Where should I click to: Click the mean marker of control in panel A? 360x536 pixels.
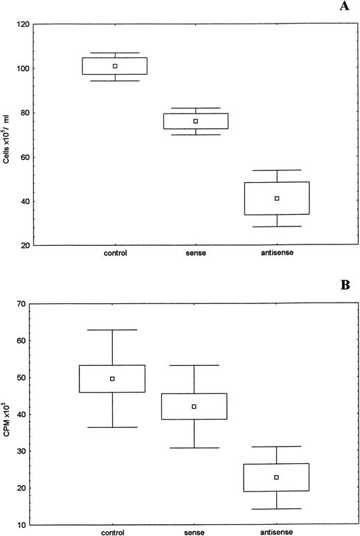tap(115, 66)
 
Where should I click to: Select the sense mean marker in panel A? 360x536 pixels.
tap(196, 121)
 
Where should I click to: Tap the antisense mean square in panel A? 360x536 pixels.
tap(277, 199)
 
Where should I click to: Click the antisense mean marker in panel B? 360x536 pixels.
tap(276, 477)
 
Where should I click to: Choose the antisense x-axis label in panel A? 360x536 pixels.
tap(277, 253)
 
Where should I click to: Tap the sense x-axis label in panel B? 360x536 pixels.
tap(195, 533)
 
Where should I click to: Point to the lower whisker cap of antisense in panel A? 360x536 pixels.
tap(277, 226)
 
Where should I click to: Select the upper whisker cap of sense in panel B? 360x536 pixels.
tap(195, 365)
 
